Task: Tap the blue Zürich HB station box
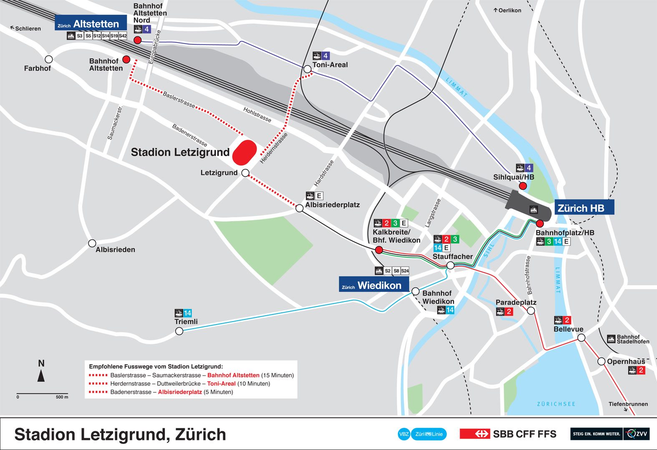click(x=584, y=208)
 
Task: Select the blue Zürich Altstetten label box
click(x=91, y=23)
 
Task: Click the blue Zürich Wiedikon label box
click(x=373, y=285)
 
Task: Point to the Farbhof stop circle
click(x=49, y=59)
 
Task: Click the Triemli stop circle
click(x=179, y=331)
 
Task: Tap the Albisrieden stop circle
click(x=92, y=243)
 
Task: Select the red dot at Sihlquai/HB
click(x=523, y=186)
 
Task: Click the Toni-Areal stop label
click(x=330, y=65)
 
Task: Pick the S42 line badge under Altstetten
click(x=123, y=36)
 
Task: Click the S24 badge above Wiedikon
click(x=405, y=271)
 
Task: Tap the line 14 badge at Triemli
click(x=187, y=313)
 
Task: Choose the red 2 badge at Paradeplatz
click(x=509, y=312)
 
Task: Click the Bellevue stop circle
click(x=581, y=337)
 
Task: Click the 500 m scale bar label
click(x=62, y=397)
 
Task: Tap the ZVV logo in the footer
click(x=637, y=434)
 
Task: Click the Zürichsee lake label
click(x=556, y=404)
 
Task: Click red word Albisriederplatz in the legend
click(x=180, y=392)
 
